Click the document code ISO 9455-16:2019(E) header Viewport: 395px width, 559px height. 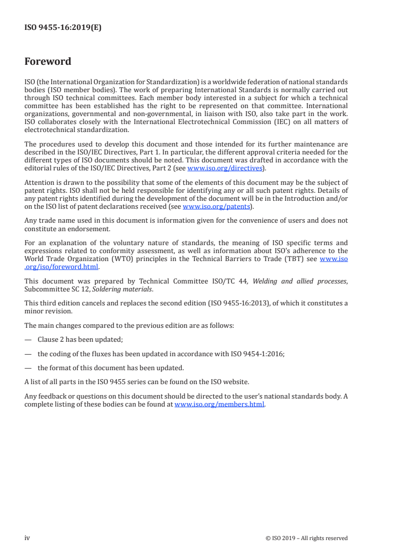pyautogui.click(x=63, y=28)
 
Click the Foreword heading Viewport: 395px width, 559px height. pyautogui.click(x=48, y=62)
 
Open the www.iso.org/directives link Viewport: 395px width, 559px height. pyautogui.click(x=225, y=168)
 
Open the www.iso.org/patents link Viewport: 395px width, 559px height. pyautogui.click(x=216, y=206)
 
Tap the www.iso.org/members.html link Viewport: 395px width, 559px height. pyautogui.click(x=220, y=405)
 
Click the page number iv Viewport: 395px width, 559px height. pyautogui.click(x=27, y=538)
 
